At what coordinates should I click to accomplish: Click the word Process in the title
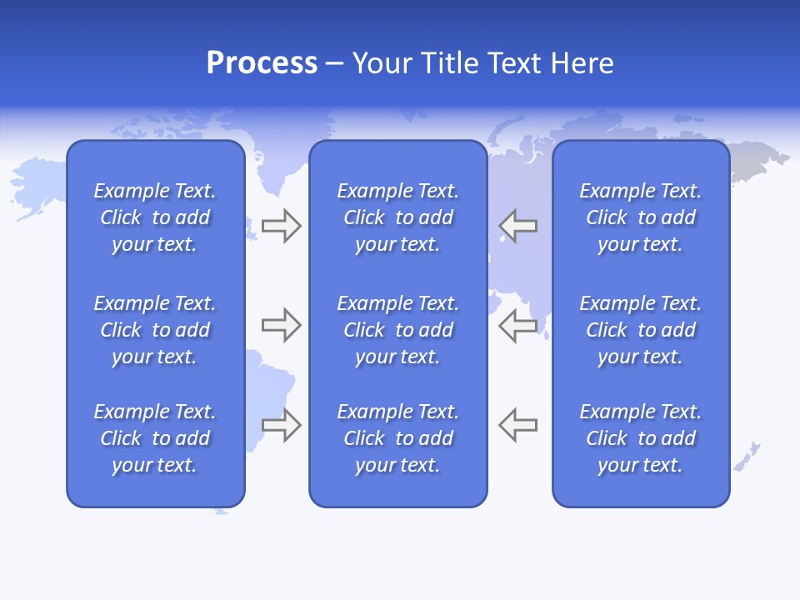coord(262,63)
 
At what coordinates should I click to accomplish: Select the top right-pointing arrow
coord(282,226)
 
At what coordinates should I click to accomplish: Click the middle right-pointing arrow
coord(282,325)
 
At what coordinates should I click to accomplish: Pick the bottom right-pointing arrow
coord(282,425)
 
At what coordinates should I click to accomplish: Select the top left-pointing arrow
coord(518,226)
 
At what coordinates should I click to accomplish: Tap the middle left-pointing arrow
coord(518,325)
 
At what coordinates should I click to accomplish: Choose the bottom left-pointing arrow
coord(518,425)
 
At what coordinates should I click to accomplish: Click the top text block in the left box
coord(155,217)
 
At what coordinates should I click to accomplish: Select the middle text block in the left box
coord(155,330)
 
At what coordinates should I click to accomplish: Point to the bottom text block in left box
coord(155,438)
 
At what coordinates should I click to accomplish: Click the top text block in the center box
coord(397,217)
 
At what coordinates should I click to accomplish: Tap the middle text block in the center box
coord(397,330)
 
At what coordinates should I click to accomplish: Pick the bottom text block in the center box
coord(397,438)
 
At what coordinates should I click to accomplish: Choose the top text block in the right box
coord(641,217)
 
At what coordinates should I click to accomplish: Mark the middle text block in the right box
coord(641,330)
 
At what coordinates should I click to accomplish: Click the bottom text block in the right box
coord(641,438)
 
